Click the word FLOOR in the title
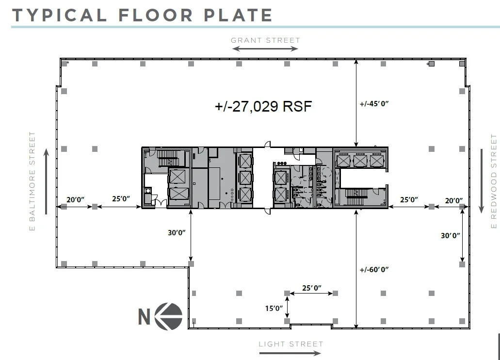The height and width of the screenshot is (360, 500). tap(156, 15)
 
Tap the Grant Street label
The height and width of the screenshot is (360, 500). tap(265, 41)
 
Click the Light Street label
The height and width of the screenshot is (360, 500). tap(291, 344)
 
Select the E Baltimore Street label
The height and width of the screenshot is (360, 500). tap(32, 181)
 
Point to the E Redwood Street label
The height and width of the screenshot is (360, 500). tap(494, 181)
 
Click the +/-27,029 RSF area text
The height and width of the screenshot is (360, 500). tap(263, 106)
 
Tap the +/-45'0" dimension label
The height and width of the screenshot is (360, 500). tap(374, 104)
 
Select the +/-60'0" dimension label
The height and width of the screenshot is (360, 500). tap(374, 270)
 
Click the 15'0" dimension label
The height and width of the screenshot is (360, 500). tap(274, 308)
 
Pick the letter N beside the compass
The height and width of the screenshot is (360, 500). tap(144, 317)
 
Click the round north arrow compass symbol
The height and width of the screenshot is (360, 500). tap(169, 316)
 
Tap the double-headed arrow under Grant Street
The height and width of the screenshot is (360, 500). tap(265, 49)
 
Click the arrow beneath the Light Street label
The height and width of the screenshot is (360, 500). tap(290, 353)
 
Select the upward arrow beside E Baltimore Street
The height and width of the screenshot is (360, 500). tap(46, 181)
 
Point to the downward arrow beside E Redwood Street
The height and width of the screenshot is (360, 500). tap(482, 181)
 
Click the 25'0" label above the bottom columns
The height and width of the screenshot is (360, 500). tap(311, 288)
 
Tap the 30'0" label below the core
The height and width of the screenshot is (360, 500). tap(177, 233)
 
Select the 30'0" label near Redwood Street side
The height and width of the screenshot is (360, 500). tap(450, 235)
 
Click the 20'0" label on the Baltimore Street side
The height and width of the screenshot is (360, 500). tap(75, 199)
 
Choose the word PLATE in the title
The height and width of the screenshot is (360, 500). tap(238, 15)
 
